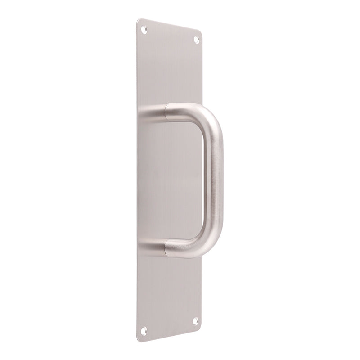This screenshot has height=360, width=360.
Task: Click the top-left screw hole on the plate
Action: (x=144, y=30)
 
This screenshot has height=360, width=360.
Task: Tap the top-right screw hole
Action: (x=196, y=40)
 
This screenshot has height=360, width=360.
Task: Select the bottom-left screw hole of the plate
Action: (x=144, y=331)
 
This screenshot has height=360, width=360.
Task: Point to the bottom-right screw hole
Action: (x=195, y=321)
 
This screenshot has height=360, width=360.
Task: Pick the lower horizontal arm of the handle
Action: (x=180, y=247)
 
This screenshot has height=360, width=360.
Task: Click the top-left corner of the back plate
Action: (x=139, y=20)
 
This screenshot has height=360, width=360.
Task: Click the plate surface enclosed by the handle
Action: (x=175, y=180)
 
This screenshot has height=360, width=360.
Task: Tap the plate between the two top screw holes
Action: (x=170, y=35)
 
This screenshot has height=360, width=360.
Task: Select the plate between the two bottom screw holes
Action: (x=170, y=326)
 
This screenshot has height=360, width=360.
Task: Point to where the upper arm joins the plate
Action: (x=143, y=115)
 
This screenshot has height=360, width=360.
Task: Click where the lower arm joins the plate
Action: (x=143, y=247)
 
